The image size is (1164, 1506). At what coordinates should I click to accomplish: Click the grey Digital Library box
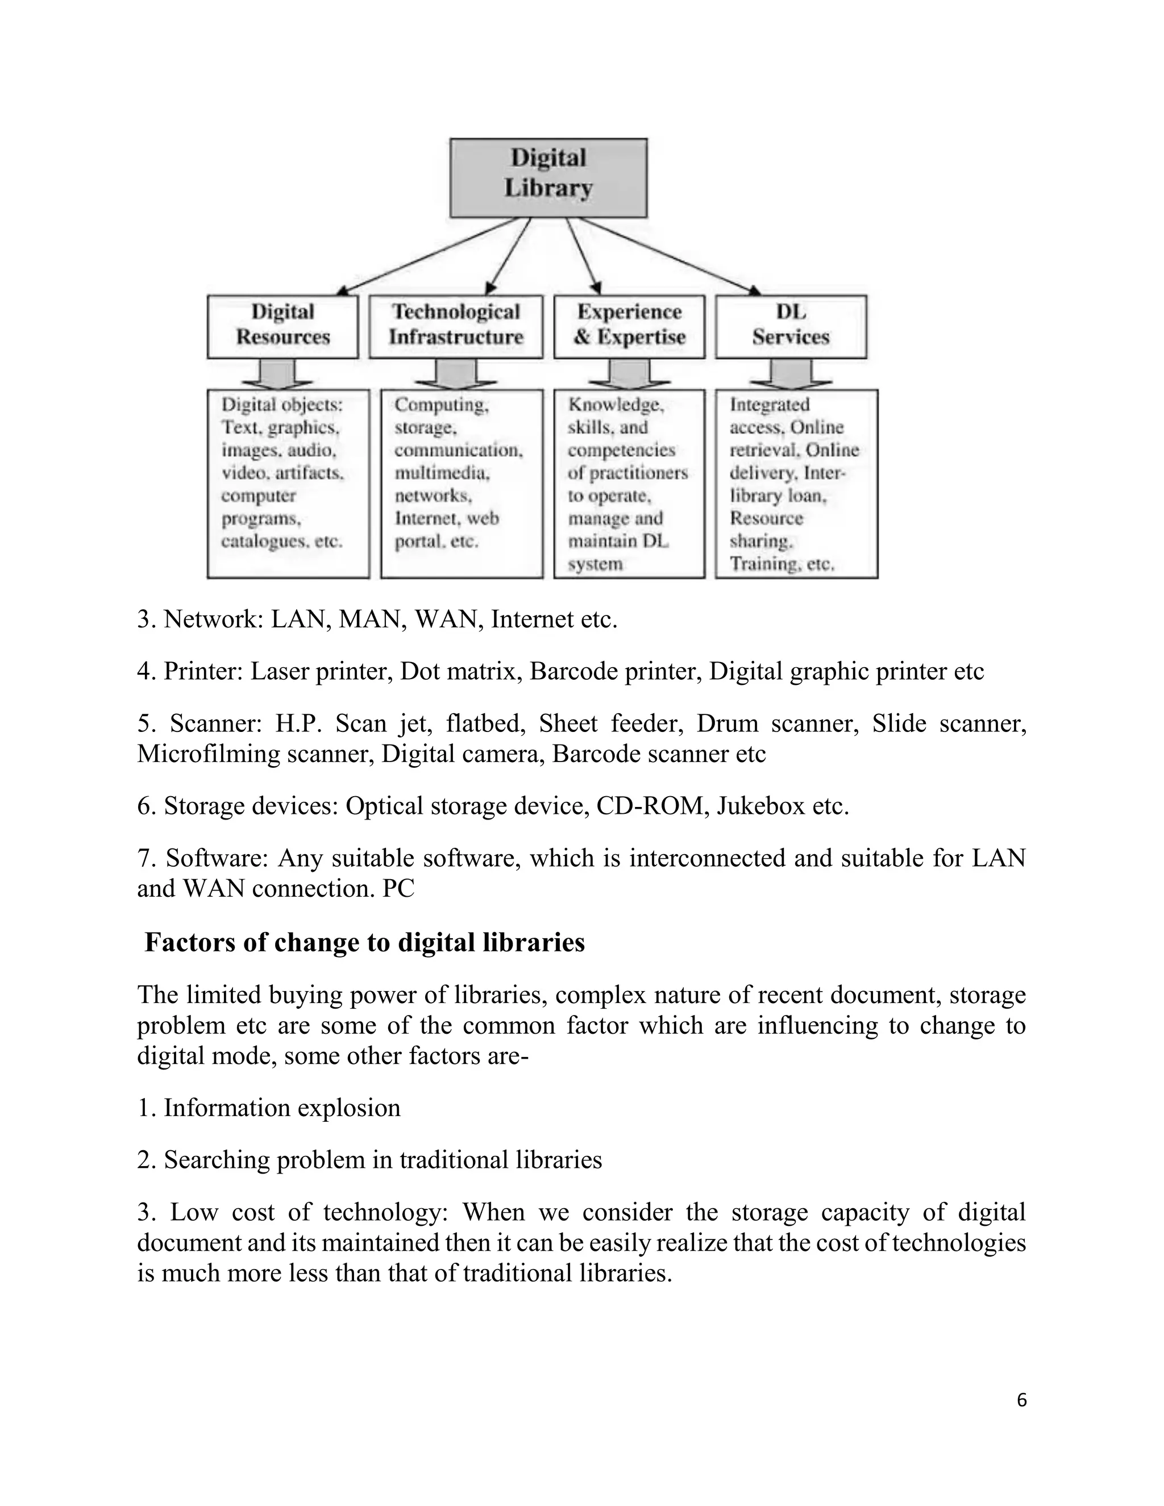pyautogui.click(x=548, y=178)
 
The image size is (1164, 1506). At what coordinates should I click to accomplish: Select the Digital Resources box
pyautogui.click(x=282, y=326)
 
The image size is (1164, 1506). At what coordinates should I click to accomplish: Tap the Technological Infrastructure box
pyautogui.click(x=456, y=326)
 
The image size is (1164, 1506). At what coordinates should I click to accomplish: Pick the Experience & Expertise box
pyautogui.click(x=629, y=326)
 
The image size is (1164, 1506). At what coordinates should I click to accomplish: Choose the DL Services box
pyautogui.click(x=791, y=326)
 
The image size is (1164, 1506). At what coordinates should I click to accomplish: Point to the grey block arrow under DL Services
pyautogui.click(x=791, y=375)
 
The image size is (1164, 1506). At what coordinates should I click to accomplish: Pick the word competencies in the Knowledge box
pyautogui.click(x=621, y=450)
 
